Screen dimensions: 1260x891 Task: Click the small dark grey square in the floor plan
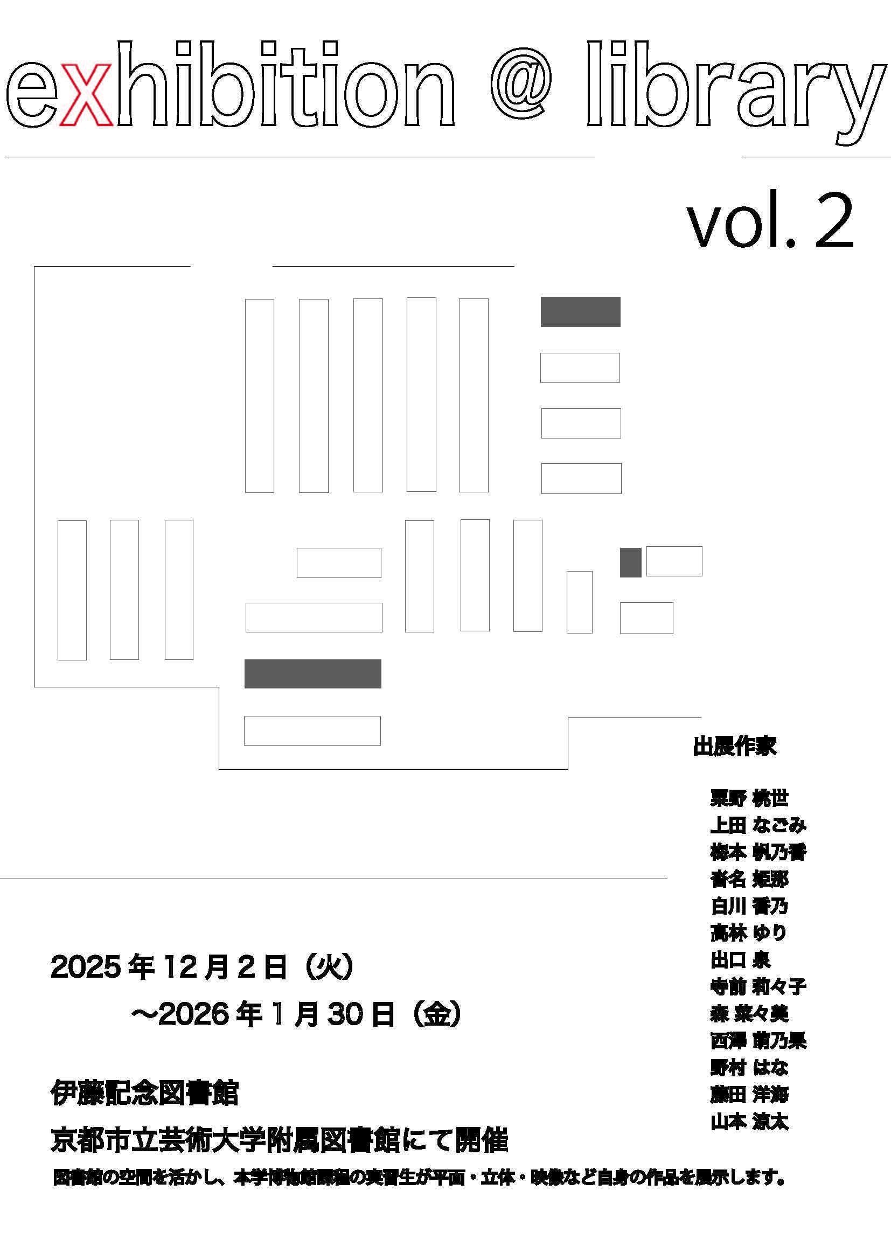(630, 562)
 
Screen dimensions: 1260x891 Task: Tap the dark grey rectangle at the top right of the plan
(581, 312)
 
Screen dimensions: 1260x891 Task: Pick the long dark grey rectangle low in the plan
(313, 674)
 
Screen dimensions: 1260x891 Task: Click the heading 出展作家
(734, 746)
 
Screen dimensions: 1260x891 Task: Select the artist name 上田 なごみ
(758, 825)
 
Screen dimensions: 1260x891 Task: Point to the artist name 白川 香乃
(749, 906)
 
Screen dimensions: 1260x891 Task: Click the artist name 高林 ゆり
(748, 933)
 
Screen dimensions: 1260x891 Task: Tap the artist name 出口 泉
(740, 960)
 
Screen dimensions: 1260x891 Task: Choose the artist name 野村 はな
(749, 1067)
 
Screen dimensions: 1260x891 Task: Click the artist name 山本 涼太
(749, 1122)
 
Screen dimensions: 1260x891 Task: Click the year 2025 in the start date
(86, 967)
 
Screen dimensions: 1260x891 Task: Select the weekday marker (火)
(329, 967)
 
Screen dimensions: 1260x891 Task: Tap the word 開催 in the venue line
(481, 1140)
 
